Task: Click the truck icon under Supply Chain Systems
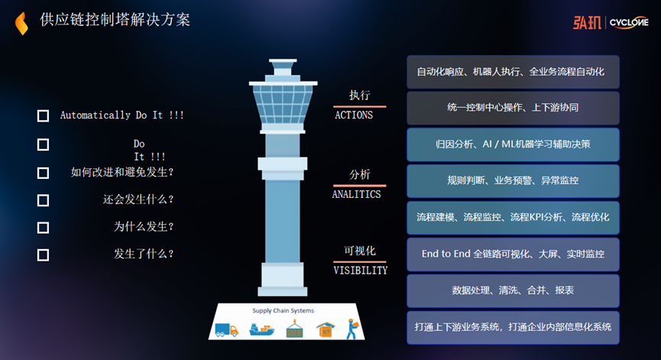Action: coord(227,329)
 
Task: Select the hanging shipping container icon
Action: coord(294,329)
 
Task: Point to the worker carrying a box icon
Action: coord(351,329)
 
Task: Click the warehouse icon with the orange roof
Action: coord(326,329)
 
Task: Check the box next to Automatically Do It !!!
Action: coord(43,116)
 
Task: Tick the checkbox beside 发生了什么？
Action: coord(43,255)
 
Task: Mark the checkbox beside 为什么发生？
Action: coord(43,227)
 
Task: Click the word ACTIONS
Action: coord(354,115)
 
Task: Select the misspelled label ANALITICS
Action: coord(356,194)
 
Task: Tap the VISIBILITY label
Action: coord(360,270)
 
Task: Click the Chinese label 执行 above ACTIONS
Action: coord(359,96)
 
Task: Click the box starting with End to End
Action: coord(513,254)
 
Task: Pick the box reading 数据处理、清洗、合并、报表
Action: coord(513,290)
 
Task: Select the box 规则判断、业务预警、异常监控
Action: coord(513,181)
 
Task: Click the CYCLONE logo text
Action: coord(629,22)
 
